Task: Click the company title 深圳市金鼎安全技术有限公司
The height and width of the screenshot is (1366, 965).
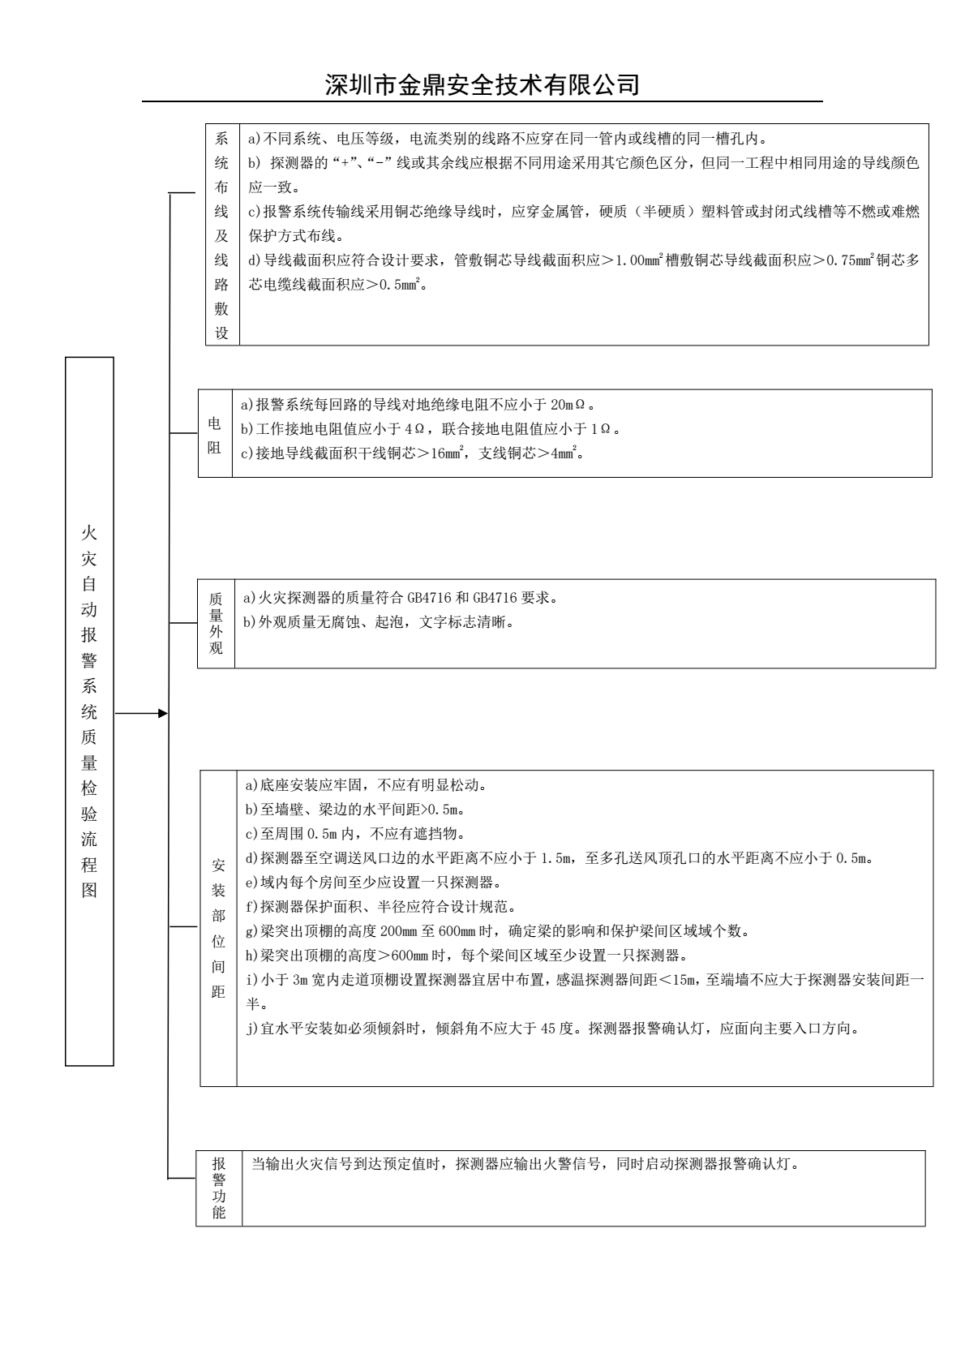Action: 482,84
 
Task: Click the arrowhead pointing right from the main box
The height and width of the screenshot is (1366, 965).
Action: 163,713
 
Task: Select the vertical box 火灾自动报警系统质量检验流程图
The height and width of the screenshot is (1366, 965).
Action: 89,711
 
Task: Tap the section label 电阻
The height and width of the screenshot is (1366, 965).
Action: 215,436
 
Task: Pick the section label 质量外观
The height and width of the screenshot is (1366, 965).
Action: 216,623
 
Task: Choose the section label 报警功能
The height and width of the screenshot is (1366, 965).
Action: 219,1188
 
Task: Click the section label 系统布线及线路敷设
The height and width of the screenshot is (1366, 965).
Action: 221,235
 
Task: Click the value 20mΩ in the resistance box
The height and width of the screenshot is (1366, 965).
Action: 579,405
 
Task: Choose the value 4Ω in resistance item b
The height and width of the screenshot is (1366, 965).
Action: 414,429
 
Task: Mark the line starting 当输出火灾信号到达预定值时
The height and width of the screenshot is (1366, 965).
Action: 525,1165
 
